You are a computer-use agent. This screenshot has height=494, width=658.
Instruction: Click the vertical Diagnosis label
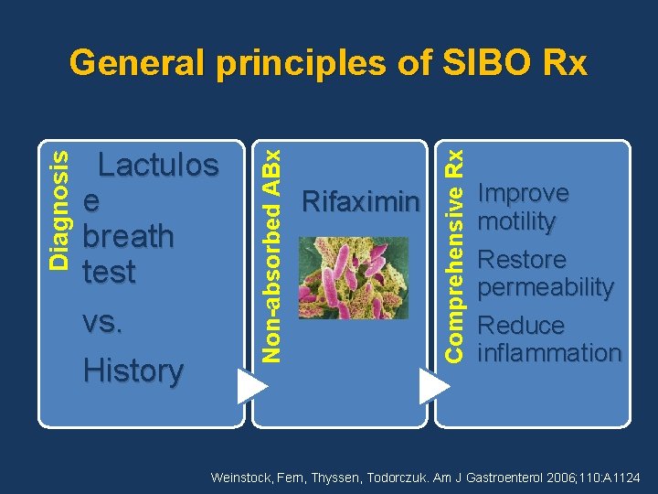pos(58,209)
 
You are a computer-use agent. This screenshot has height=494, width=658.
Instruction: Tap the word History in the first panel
pos(133,370)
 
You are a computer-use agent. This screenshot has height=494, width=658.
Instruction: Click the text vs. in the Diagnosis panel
pos(102,322)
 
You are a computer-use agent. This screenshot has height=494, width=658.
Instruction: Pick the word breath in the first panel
pos(128,236)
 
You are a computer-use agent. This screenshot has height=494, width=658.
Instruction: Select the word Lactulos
pos(158,166)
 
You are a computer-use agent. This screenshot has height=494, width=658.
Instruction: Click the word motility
pos(515,221)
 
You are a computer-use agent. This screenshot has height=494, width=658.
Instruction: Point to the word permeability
pos(546,287)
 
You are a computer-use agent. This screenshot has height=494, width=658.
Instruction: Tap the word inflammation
pos(549,353)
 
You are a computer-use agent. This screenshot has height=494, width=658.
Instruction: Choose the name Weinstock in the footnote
pos(240,478)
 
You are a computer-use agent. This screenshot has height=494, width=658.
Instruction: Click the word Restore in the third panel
pos(522,260)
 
